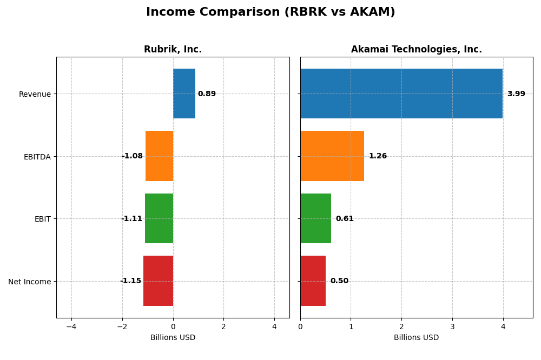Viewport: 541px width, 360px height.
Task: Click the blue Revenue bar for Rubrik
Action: tap(184, 94)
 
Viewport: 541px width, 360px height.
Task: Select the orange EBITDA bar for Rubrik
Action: tap(159, 156)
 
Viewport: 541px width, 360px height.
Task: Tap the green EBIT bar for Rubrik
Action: tap(159, 218)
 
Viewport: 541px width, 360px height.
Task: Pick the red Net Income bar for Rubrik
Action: tap(158, 281)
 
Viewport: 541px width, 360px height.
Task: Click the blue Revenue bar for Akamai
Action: tap(401, 94)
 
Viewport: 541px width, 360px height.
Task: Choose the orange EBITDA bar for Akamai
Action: tap(332, 156)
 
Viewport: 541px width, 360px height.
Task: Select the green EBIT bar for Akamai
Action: tap(315, 218)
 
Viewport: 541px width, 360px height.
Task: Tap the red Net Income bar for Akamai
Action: tap(313, 281)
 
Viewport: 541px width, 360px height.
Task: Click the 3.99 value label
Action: tap(516, 94)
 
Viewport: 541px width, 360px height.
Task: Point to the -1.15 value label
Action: tap(130, 281)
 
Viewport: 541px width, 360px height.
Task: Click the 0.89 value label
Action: tap(207, 94)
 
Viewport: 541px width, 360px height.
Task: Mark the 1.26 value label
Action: tap(378, 156)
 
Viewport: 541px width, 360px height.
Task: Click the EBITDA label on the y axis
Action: tap(37, 157)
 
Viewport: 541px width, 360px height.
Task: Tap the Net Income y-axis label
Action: tap(30, 282)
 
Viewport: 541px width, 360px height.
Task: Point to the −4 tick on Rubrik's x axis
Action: tap(71, 326)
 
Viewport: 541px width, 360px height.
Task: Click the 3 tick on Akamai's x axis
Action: tap(452, 326)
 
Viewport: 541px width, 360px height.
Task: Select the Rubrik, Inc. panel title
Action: tap(173, 50)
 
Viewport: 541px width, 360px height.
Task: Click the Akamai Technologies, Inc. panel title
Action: tap(416, 50)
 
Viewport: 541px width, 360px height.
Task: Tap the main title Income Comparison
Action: tap(270, 12)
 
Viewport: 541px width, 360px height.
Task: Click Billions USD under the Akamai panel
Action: tap(416, 338)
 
